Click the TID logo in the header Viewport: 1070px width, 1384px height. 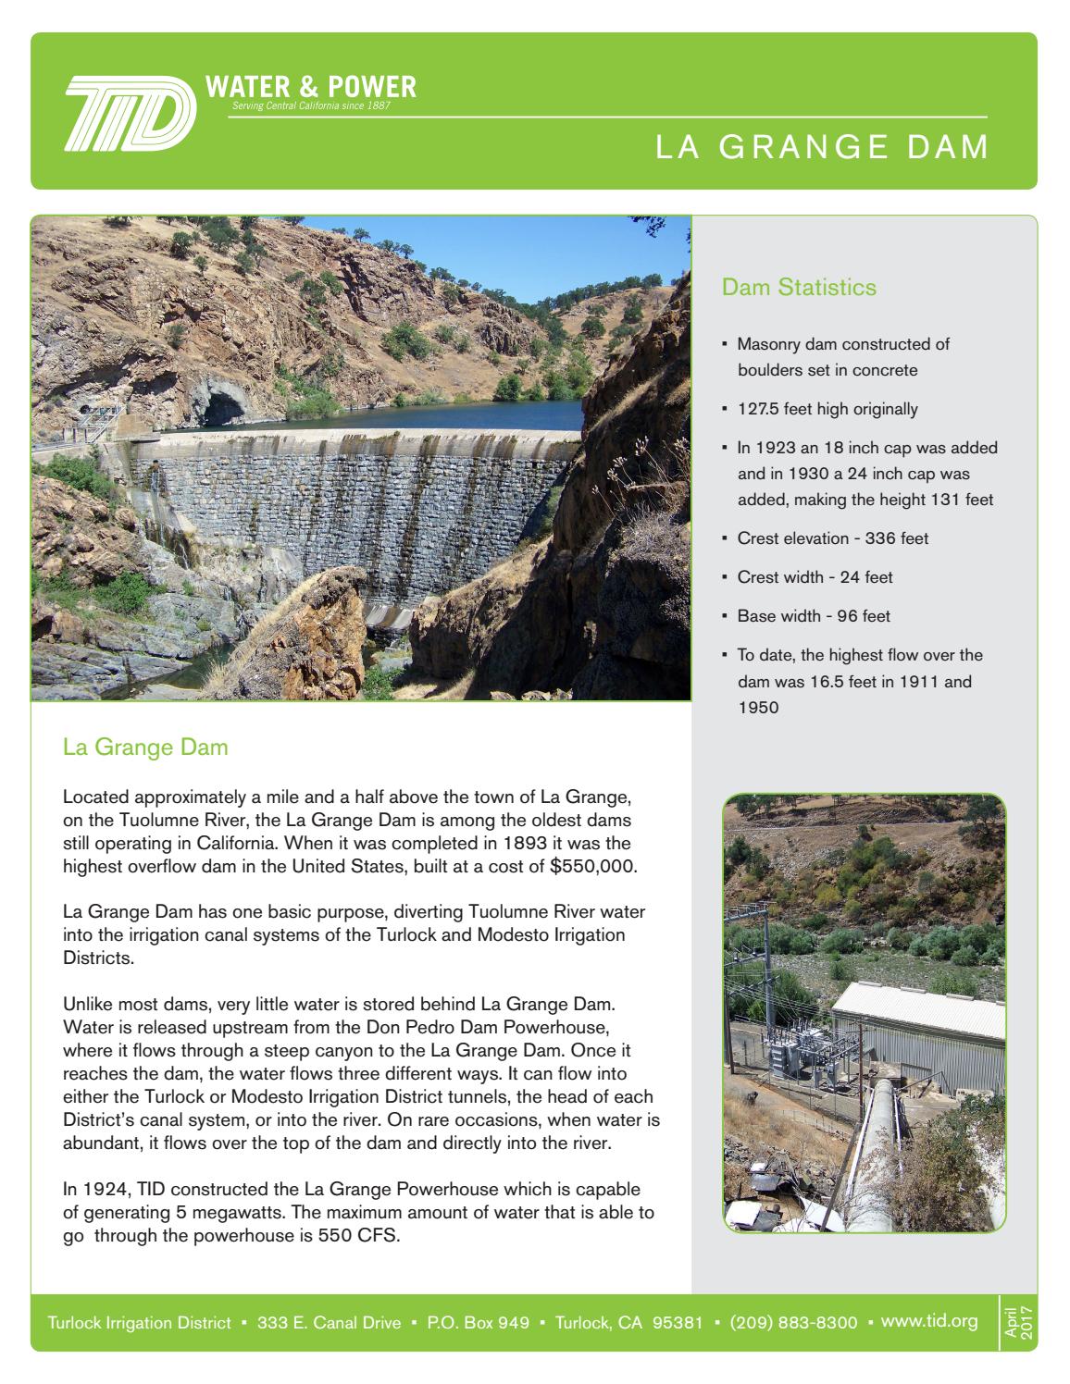coord(129,113)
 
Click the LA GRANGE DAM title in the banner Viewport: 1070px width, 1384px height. coord(822,148)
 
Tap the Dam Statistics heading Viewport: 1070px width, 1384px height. coord(799,288)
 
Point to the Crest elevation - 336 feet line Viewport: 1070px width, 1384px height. coord(832,538)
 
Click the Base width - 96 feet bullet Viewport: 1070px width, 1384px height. coord(813,616)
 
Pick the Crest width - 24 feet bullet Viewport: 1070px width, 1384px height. coord(815,577)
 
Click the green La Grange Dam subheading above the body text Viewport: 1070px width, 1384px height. coord(145,748)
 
